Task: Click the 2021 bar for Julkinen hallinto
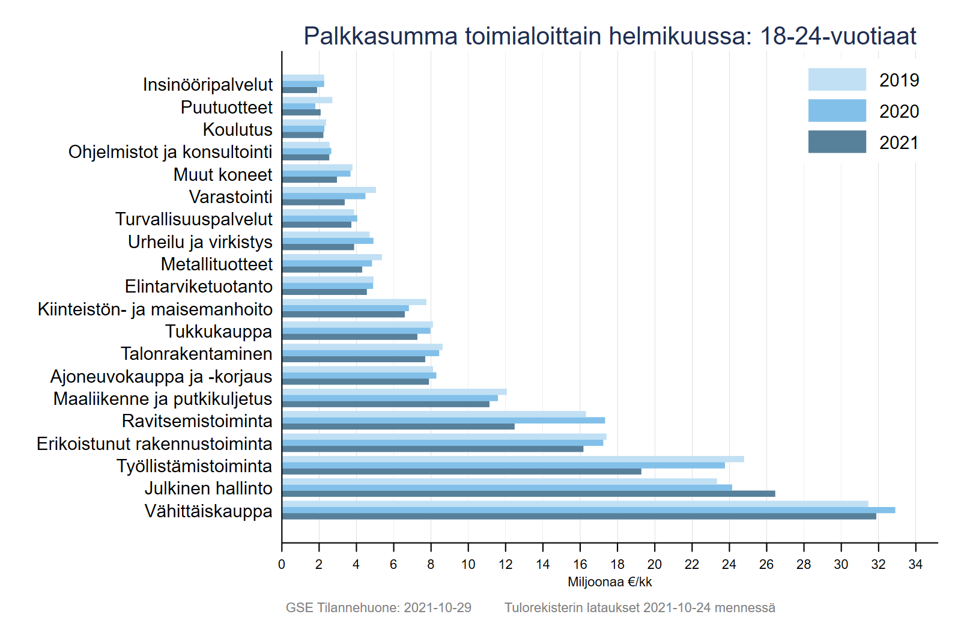tap(529, 494)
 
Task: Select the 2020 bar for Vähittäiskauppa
tap(589, 510)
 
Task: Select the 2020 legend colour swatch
tap(837, 111)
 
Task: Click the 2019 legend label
tap(899, 80)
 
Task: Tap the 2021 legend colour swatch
tap(837, 142)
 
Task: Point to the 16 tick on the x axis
tap(580, 543)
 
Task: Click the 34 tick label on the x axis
tap(915, 565)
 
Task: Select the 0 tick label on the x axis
tap(282, 565)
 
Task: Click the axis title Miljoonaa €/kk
tap(610, 582)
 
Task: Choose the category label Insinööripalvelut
tap(208, 85)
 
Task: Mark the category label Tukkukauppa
tap(219, 332)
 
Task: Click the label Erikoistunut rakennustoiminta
tap(154, 444)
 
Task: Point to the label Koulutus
tap(237, 130)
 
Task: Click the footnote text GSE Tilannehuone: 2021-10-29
tap(378, 608)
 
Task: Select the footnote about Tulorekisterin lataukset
tap(640, 608)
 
